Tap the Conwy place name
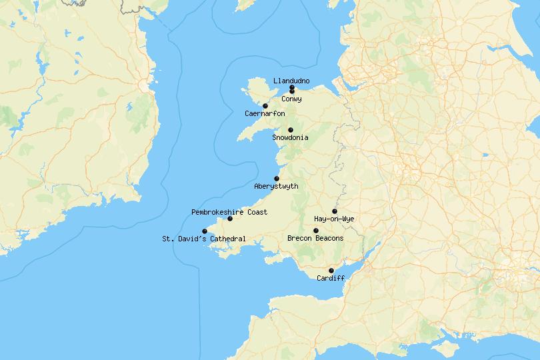tap(291, 99)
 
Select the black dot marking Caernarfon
tap(265, 106)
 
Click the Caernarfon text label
tap(265, 114)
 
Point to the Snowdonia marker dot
tap(290, 130)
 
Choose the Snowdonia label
tap(290, 138)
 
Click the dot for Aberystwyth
tap(277, 179)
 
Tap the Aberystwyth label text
tap(276, 187)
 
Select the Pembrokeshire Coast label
tap(229, 212)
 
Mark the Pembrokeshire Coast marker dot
tap(230, 219)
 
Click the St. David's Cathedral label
tap(204, 239)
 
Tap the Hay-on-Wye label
tap(335, 219)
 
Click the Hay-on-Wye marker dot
tap(335, 211)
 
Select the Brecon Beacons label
tap(315, 239)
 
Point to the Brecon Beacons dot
tap(316, 231)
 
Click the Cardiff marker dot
tap(331, 271)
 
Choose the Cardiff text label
tap(331, 278)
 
